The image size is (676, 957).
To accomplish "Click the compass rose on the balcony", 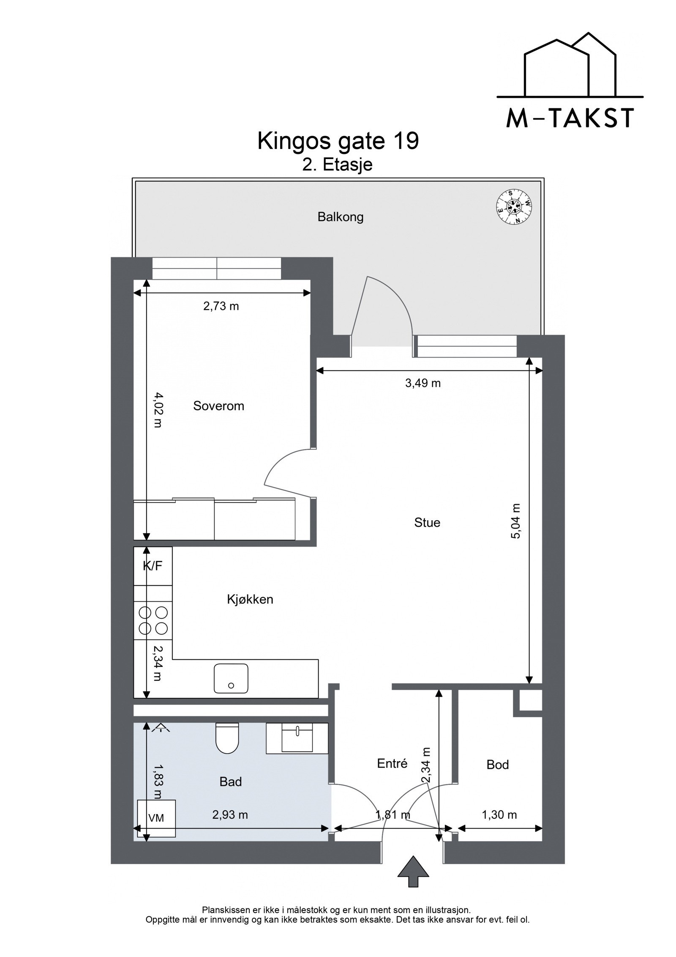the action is (x=514, y=206).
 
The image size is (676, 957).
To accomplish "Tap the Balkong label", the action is (x=340, y=217).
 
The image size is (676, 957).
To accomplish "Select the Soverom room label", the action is (x=218, y=406).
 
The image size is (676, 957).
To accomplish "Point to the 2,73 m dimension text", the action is (x=221, y=306).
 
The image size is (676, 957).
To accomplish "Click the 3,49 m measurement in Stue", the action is (x=423, y=383).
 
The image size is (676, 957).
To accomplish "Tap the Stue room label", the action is (x=427, y=523).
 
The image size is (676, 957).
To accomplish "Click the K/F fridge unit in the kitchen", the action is (x=153, y=566).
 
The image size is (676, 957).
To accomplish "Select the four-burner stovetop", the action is (x=153, y=620).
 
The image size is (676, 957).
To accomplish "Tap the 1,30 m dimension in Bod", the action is (x=499, y=815).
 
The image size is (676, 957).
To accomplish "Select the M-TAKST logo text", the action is (x=570, y=119).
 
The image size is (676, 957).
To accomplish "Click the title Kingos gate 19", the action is (x=338, y=141).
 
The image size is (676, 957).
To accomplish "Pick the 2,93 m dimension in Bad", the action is (x=230, y=815).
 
